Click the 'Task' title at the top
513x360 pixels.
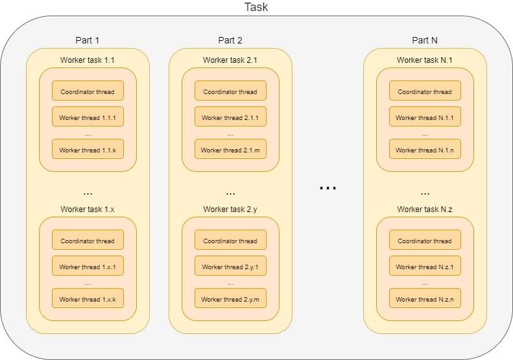coord(256,8)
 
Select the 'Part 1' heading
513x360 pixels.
coord(88,40)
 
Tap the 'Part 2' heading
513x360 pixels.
coord(230,40)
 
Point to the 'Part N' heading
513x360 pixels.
coord(425,40)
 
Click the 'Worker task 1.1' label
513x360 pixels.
coord(88,60)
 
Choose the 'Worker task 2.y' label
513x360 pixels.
coord(230,210)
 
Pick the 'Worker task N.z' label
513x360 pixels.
coord(425,210)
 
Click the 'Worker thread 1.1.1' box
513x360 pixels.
coord(88,117)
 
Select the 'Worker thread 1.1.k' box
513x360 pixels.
coord(88,149)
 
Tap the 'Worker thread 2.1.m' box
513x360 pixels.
coord(230,149)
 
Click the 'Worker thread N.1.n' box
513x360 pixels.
coord(425,149)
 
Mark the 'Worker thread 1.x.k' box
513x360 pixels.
coord(88,298)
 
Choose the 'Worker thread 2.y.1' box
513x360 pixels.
coord(230,266)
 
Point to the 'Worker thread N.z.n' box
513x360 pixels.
coord(425,298)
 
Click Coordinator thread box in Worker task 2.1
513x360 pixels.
coord(230,91)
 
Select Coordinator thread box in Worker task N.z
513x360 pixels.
coord(425,240)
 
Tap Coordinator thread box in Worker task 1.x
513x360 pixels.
coord(88,240)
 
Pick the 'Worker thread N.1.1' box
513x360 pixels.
coord(425,117)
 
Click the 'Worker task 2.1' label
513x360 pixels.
coord(230,60)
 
